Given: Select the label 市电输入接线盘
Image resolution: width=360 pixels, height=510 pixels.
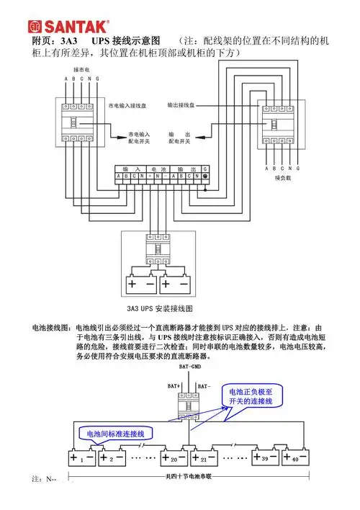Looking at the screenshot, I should tap(130, 106).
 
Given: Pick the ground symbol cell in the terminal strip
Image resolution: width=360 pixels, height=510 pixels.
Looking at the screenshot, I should tap(205, 176).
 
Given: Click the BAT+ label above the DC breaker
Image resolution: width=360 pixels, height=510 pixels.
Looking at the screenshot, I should tap(174, 387).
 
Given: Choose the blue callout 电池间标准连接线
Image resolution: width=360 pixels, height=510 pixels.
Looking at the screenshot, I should tap(115, 434).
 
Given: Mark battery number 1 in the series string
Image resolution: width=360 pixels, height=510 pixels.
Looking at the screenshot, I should tap(82, 457).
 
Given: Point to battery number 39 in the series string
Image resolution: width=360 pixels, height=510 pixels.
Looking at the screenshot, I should tap(264, 457).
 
